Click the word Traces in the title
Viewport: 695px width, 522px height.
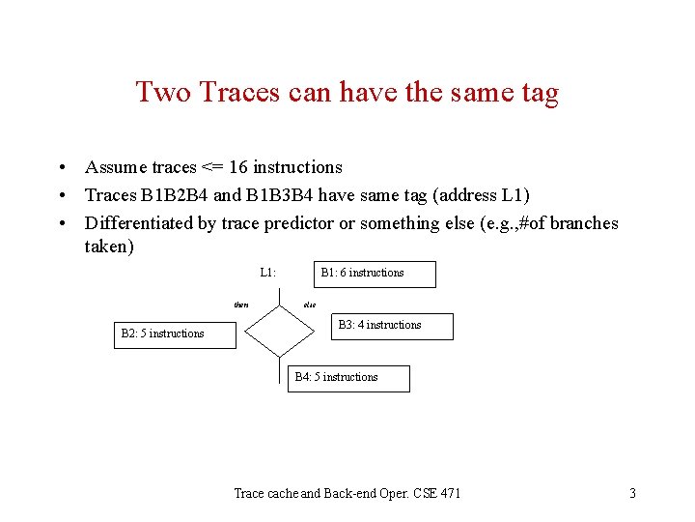227,93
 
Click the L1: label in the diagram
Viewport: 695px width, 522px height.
268,273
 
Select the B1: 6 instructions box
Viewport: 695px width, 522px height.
375,274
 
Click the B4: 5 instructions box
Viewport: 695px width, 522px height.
350,378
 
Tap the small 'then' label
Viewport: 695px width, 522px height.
241,304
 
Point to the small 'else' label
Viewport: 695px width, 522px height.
309,304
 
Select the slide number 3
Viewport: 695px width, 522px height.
632,494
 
